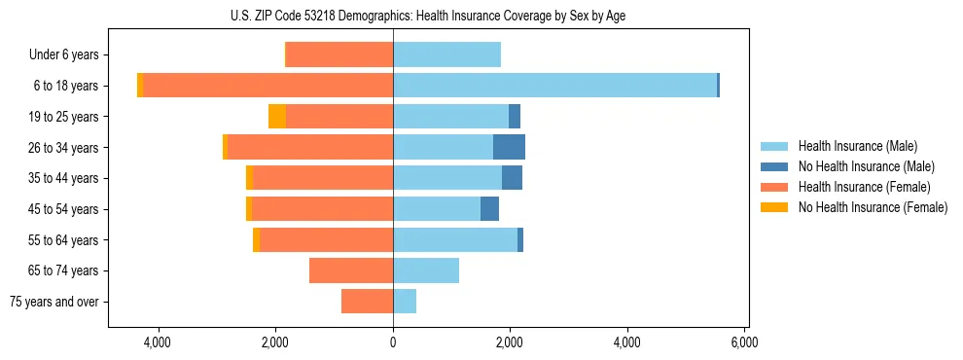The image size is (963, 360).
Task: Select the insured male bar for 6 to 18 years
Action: click(554, 86)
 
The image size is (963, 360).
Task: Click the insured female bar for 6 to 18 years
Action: click(268, 86)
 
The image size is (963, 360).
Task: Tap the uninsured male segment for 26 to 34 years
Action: click(509, 147)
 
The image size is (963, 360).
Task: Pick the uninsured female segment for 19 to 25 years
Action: click(277, 117)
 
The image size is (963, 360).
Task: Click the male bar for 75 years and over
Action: click(405, 302)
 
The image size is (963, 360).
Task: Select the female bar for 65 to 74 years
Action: click(351, 270)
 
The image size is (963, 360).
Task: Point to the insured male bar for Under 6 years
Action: click(446, 54)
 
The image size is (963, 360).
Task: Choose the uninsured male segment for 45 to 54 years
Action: click(489, 209)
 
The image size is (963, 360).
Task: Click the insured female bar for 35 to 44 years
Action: click(323, 178)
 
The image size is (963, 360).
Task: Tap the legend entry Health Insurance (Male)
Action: click(857, 146)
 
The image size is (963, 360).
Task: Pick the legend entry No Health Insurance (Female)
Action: click(873, 207)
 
